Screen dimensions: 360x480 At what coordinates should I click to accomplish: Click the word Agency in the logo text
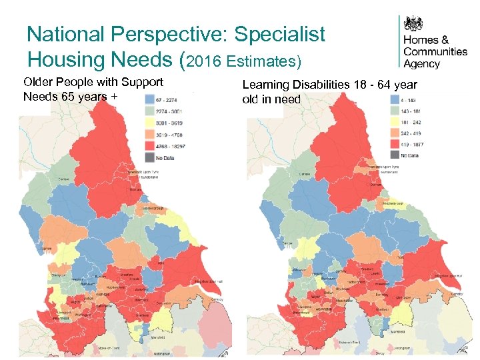tap(422, 64)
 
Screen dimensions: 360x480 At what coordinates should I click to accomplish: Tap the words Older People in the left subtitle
tap(53, 82)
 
